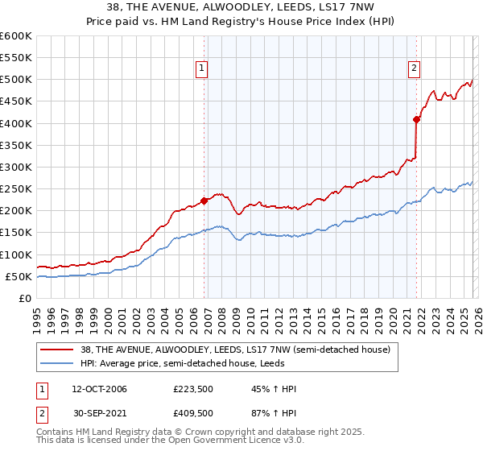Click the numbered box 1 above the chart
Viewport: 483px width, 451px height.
[200, 69]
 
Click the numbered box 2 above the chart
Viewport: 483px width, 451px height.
[414, 69]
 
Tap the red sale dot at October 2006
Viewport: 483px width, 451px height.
[204, 201]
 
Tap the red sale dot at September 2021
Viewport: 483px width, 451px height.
[416, 119]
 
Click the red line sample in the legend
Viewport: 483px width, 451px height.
[57, 350]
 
